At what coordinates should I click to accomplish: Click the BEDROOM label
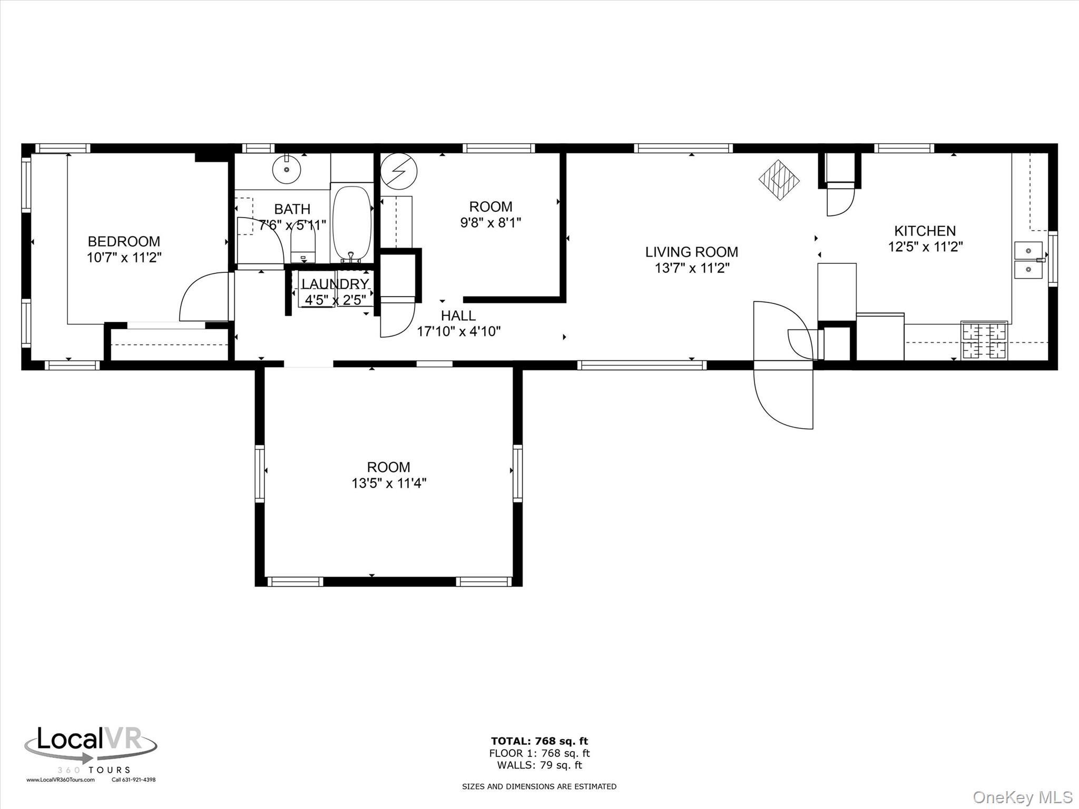tap(124, 241)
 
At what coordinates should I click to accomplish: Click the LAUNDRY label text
tap(335, 284)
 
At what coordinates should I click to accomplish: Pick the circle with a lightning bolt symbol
tap(399, 171)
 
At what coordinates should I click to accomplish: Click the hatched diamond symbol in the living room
tap(779, 180)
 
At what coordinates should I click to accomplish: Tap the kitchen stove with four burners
tap(984, 340)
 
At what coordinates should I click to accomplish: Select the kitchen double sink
tap(1028, 260)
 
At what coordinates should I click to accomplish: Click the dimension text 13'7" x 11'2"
tap(692, 268)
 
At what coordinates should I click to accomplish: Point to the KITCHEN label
tap(925, 231)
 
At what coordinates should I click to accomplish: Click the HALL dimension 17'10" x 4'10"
tap(458, 331)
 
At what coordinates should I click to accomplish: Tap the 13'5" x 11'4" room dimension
tap(389, 483)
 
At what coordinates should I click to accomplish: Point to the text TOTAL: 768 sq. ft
tap(539, 742)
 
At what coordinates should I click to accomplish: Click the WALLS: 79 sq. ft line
tap(539, 765)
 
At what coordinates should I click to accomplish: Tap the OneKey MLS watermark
tap(1022, 797)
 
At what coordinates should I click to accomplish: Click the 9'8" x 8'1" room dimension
tap(491, 223)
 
